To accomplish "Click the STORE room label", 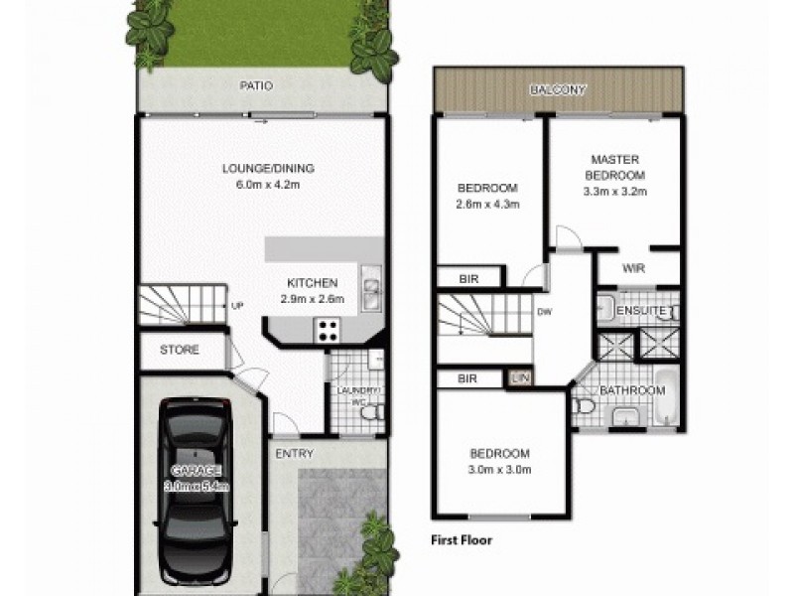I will click(180, 350).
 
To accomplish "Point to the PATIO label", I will click(256, 86).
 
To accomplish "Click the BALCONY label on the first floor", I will click(558, 89).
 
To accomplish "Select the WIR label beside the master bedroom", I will click(635, 268).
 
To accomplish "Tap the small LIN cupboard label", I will click(519, 378).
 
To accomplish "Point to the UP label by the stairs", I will click(237, 305).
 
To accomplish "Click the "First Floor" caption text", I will click(462, 541).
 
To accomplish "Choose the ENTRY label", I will click(296, 454).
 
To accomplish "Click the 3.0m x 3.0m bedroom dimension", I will click(500, 470).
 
